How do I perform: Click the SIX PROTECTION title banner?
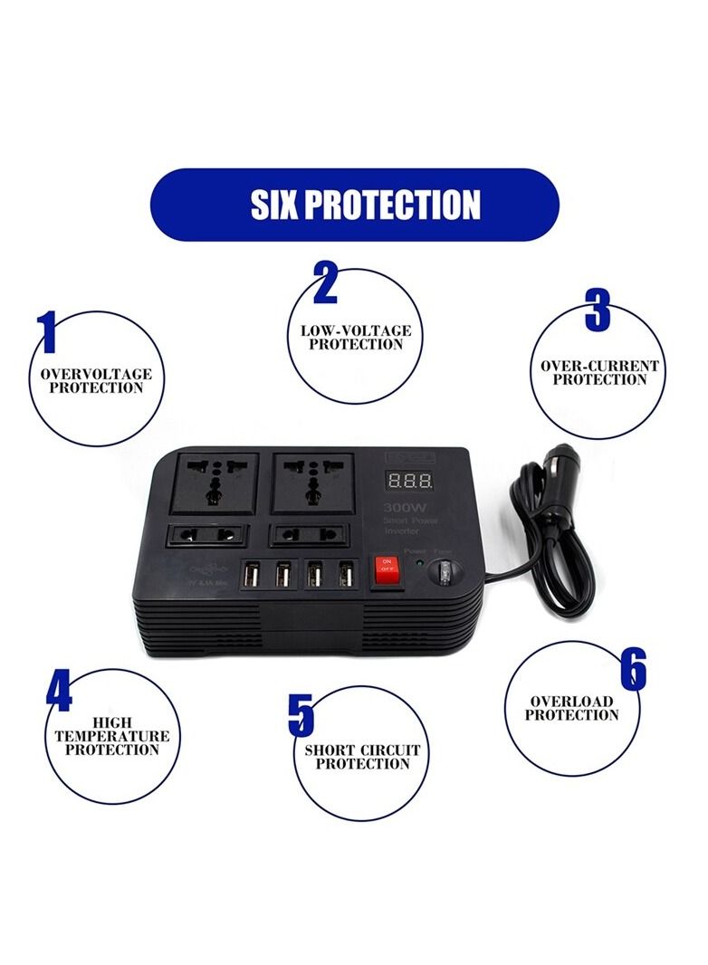pos(353,205)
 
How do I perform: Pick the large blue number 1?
pos(48,333)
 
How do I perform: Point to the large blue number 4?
pos(59,693)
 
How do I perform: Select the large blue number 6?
pos(633,671)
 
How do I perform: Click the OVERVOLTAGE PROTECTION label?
pos(96,381)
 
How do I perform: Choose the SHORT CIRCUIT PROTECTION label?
pos(362,757)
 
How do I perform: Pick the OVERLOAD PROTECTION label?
pos(571,708)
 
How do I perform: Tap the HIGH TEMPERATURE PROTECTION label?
pos(111,736)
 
